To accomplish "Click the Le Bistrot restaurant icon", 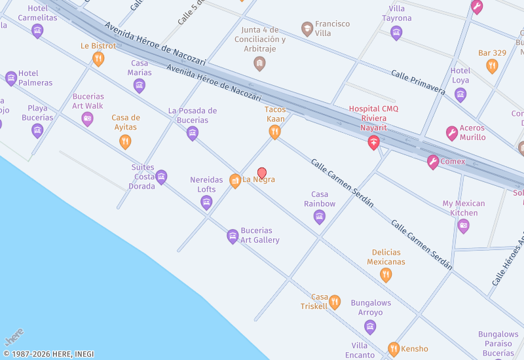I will [x=98, y=59].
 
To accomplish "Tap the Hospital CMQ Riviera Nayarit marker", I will [x=373, y=142].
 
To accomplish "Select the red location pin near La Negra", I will [x=262, y=173].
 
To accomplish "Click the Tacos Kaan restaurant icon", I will [x=275, y=132].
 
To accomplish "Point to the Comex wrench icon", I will [x=433, y=162].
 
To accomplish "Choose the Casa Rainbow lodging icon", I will [x=320, y=217].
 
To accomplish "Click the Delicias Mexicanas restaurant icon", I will [x=386, y=275].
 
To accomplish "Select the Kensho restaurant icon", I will [x=394, y=349].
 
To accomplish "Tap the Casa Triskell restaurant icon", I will [x=335, y=302].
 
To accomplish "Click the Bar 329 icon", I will [x=492, y=65].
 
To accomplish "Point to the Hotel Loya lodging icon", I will [x=460, y=94].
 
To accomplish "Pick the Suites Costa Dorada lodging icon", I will [x=161, y=177].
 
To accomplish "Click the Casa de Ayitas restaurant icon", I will [x=125, y=141].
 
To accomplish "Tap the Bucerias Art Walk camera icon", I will [x=87, y=119].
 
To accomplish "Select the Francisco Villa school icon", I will [x=307, y=29].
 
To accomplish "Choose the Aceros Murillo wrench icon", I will [x=452, y=134].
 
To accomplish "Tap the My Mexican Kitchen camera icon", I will [x=464, y=226].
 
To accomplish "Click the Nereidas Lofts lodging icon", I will [x=206, y=202].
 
